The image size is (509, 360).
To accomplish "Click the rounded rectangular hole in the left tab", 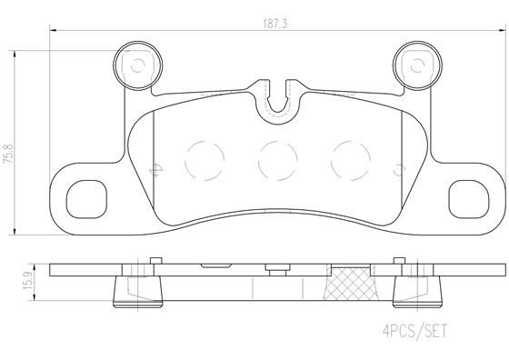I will (87, 196).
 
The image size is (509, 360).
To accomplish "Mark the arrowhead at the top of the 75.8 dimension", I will (19, 54).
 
